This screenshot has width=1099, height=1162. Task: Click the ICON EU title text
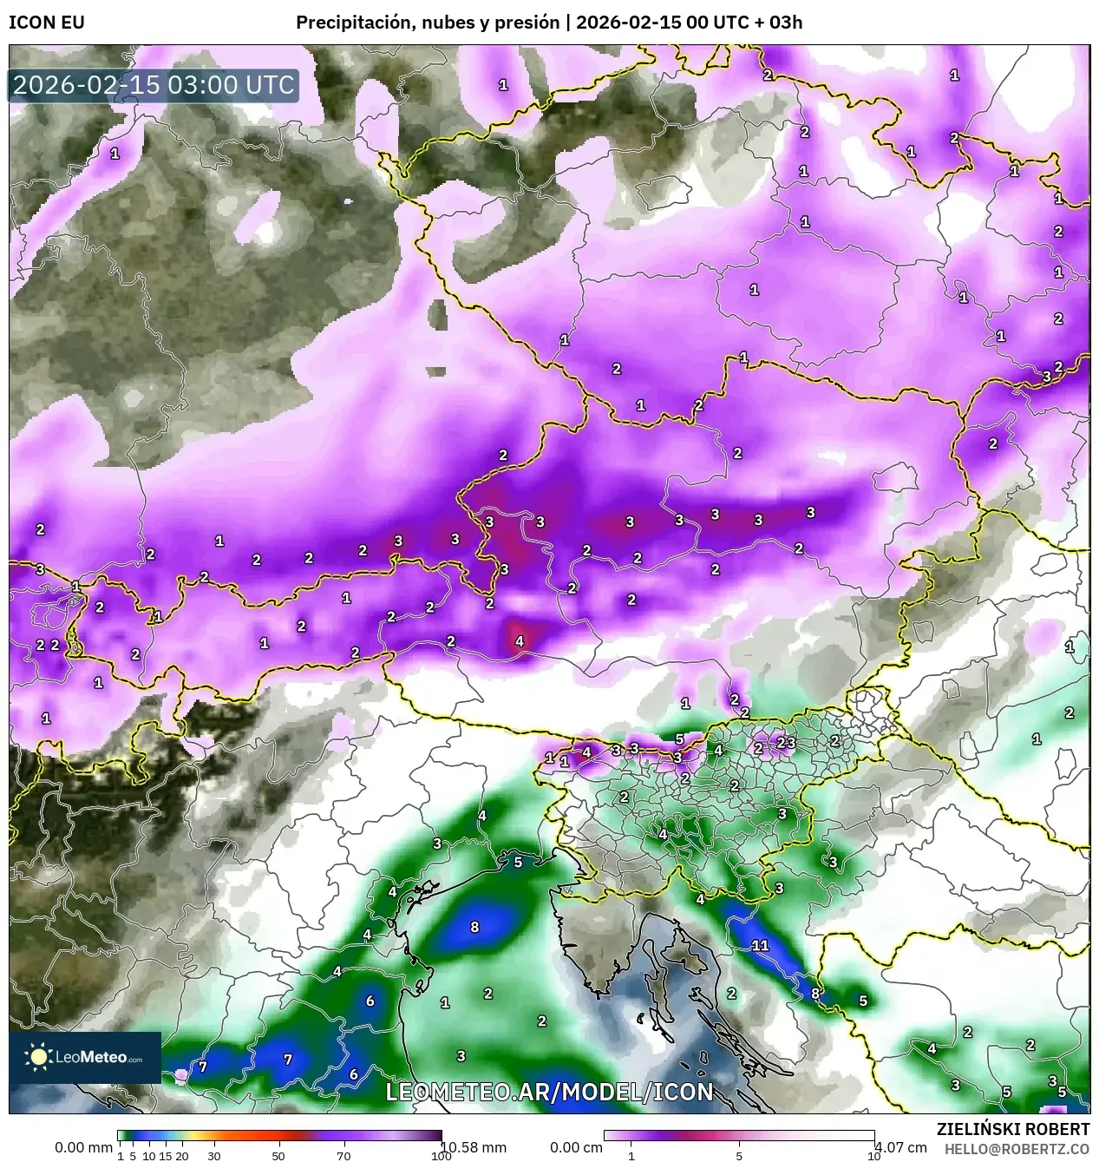point(47,23)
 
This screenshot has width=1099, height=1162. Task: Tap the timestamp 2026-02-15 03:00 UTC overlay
point(154,85)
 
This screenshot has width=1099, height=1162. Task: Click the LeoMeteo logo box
point(85,1057)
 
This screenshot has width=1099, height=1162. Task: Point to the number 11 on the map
point(760,945)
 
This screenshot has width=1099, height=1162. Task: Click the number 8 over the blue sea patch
point(474,927)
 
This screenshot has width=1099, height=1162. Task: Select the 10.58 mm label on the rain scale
point(468,1147)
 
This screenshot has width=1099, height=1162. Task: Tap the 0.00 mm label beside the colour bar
point(83,1147)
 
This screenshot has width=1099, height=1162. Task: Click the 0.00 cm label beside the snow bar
point(577,1147)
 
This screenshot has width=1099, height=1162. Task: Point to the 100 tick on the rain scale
point(441,1156)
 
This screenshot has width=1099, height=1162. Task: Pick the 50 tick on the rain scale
point(278,1156)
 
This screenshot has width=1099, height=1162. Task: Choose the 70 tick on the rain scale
point(343,1156)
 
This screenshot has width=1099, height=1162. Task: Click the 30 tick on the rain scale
point(213,1156)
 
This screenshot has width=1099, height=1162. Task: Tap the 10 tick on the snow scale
point(873,1156)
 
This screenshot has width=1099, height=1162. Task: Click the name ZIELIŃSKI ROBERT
point(1012,1129)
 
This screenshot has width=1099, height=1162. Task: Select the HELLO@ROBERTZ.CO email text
point(1017,1148)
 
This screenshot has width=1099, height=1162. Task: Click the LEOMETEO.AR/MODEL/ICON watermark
point(549,1092)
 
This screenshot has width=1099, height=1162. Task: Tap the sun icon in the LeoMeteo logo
point(38,1056)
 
